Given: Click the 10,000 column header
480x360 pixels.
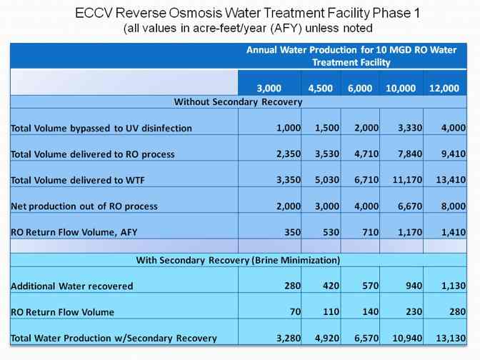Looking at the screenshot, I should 401,88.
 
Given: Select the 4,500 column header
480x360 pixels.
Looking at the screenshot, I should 320,88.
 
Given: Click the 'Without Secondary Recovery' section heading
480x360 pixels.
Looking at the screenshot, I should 239,101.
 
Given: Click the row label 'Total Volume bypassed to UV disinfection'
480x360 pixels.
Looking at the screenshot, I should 101,129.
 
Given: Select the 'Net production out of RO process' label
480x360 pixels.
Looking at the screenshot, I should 84,206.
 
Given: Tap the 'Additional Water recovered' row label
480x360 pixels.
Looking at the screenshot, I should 72,286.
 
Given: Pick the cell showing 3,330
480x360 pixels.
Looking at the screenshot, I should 401,128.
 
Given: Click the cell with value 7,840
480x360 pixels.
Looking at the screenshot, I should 401,154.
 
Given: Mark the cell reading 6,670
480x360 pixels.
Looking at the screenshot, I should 401,206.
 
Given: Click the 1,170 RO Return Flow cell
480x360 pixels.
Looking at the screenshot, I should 401,231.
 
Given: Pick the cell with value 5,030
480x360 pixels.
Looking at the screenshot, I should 320,180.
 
